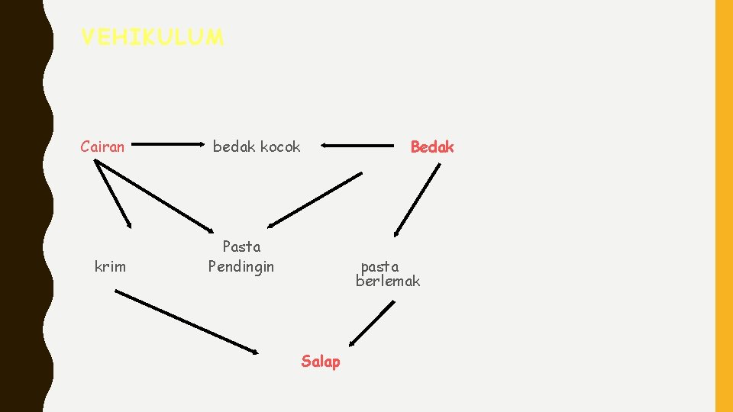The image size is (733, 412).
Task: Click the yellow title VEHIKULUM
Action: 152,37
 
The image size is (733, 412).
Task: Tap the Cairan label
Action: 102,146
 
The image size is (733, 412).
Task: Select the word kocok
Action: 282,146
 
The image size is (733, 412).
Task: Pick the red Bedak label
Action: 432,146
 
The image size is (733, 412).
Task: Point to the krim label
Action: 110,266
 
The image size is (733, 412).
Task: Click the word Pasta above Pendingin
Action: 241,246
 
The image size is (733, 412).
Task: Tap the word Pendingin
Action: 241,266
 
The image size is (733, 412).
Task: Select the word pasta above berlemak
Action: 379,266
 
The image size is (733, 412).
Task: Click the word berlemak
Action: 388,282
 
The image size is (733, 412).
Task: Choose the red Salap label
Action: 321,361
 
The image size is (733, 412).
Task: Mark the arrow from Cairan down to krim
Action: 114,195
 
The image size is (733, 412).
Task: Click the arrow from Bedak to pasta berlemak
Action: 417,200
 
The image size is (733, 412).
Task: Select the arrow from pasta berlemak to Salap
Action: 371,323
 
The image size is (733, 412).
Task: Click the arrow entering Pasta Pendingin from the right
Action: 315,200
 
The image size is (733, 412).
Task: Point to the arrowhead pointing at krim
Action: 129,224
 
